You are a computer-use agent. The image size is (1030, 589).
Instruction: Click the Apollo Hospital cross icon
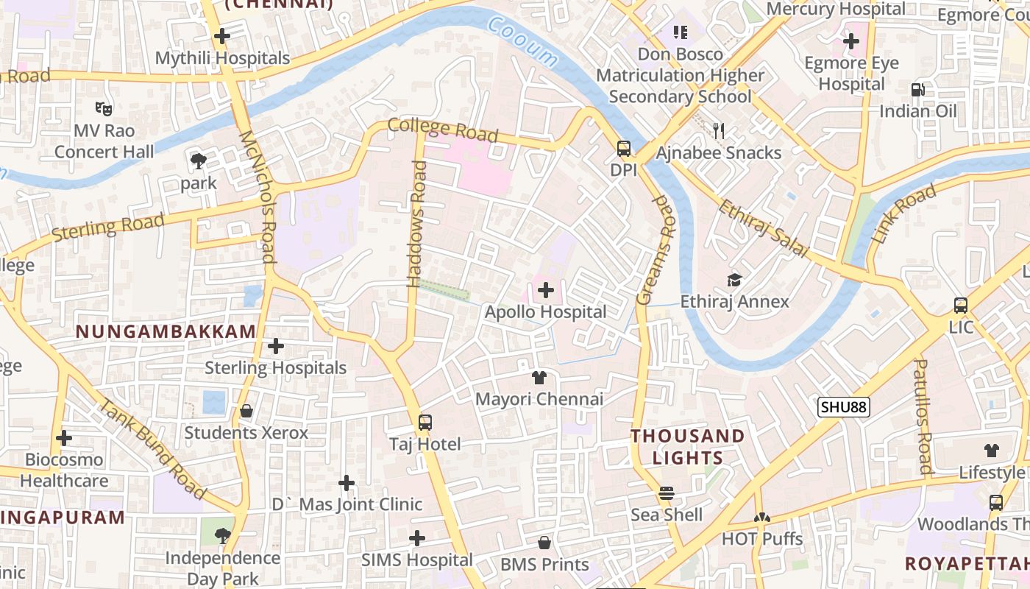point(545,290)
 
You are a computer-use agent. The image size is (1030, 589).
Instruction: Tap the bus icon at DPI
point(623,149)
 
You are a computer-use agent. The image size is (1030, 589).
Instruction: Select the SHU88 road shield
point(844,407)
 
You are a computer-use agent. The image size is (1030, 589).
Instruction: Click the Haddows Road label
point(417,224)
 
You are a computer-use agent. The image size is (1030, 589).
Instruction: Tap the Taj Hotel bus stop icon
point(425,423)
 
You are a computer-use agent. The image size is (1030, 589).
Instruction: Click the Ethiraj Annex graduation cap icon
point(734,281)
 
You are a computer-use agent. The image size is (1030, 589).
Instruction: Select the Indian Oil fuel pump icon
point(918,90)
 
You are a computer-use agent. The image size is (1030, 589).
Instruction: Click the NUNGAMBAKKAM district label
point(166,332)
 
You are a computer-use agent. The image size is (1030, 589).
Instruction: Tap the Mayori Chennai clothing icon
point(539,378)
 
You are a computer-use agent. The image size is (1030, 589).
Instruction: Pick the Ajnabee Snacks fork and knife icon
point(719,131)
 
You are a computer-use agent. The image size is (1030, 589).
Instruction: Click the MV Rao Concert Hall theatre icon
point(104,109)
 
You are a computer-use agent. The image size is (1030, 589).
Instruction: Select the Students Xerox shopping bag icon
point(246,411)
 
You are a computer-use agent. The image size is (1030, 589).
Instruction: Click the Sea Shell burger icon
point(667,493)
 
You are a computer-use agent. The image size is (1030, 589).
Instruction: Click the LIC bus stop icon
point(960,306)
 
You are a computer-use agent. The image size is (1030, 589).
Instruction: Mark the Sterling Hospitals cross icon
point(276,346)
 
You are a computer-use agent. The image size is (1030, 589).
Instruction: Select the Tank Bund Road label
point(152,448)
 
